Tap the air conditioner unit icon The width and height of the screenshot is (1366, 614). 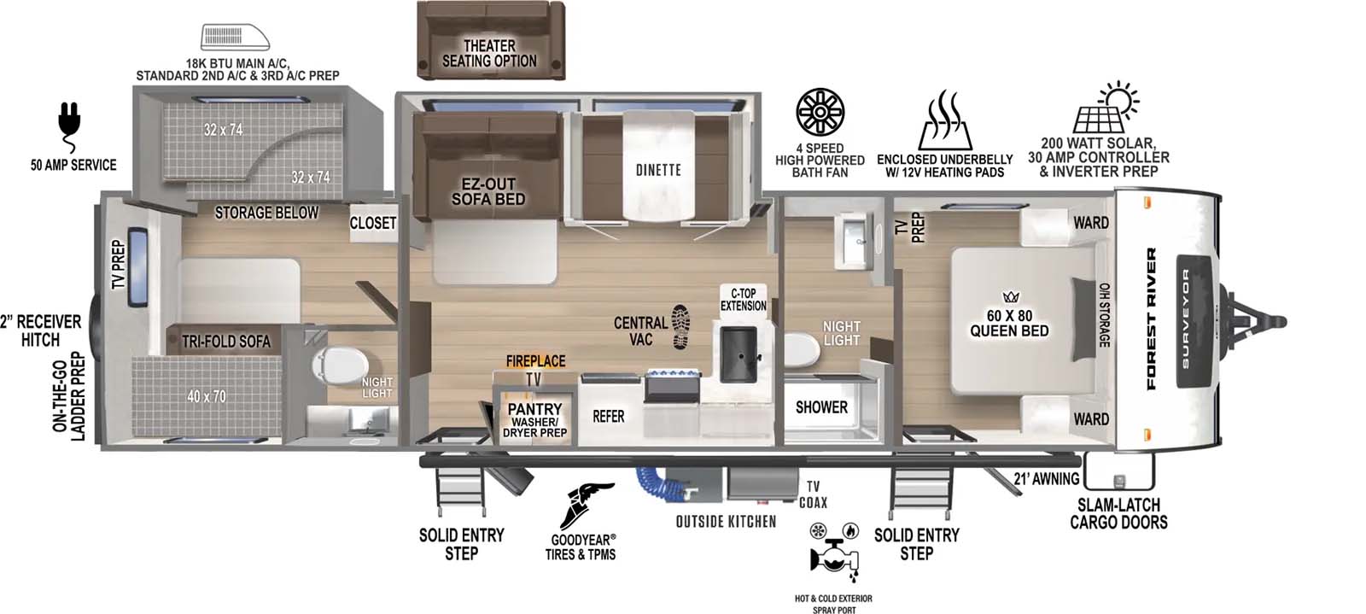(234, 38)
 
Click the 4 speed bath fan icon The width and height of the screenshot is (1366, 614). (820, 112)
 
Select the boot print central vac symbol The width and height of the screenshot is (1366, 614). (680, 326)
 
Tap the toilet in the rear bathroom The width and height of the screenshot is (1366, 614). (334, 369)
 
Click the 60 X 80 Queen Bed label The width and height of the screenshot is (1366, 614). (1009, 323)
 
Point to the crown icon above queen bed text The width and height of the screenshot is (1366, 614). (1012, 297)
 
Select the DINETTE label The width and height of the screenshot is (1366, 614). (658, 169)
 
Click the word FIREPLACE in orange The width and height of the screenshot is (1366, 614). (535, 361)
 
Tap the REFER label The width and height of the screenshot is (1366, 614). (609, 417)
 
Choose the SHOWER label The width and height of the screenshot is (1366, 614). (821, 407)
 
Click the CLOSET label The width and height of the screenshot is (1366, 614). (373, 223)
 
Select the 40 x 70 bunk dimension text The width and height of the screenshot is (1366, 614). (206, 396)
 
